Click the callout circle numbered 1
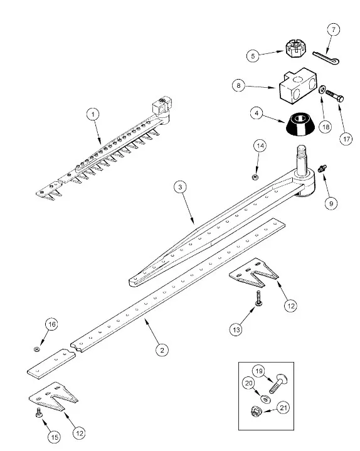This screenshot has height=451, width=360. pos(93,115)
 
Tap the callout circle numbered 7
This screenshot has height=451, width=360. pos(334,29)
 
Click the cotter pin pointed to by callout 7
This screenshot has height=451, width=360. pos(326,57)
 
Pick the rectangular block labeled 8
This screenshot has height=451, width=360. pos(298,85)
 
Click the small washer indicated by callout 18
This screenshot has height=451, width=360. pos(322,89)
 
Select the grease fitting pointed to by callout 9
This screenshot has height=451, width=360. pos(322,168)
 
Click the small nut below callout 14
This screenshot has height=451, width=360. pos(255,177)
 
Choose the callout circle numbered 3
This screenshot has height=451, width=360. pos(180,188)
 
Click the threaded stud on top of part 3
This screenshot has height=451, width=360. pos(301,158)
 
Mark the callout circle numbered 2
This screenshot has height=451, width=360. pos(162,351)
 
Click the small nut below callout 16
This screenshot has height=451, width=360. pos(36,349)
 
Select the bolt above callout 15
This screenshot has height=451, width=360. pos(38,413)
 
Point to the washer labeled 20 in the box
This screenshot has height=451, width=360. pos(265,399)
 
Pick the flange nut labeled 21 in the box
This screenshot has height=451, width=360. pos(256,411)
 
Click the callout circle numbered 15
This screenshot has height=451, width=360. pos(55,437)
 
